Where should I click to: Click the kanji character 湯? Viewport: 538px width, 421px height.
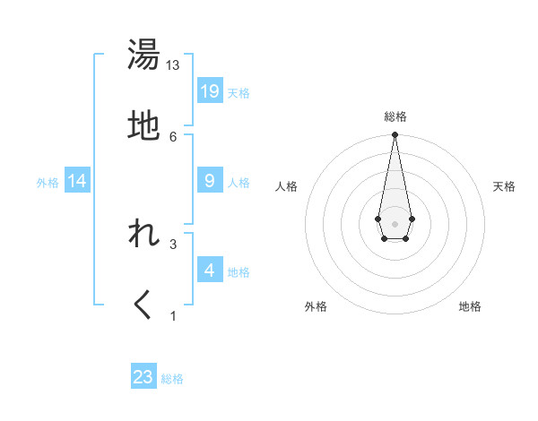click(143, 56)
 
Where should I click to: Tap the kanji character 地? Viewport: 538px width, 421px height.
click(143, 126)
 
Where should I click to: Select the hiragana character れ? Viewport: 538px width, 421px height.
click(143, 235)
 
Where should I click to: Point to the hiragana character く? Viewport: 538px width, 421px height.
click(143, 305)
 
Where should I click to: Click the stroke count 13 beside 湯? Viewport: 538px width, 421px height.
click(173, 65)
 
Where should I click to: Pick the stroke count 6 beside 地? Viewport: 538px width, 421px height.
click(173, 136)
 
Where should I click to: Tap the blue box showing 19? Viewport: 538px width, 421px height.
click(210, 91)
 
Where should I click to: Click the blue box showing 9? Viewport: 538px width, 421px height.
click(210, 181)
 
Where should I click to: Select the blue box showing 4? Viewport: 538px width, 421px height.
click(210, 271)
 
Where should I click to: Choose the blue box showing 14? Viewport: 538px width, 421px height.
click(77, 182)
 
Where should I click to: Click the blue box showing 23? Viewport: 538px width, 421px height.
click(143, 377)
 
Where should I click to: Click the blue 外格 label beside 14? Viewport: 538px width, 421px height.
click(48, 183)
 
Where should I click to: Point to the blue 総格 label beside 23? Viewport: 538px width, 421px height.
click(172, 379)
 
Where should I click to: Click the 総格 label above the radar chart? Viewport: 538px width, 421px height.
click(395, 116)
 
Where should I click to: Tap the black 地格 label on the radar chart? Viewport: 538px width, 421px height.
click(470, 306)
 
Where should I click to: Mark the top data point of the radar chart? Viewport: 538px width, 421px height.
click(395, 136)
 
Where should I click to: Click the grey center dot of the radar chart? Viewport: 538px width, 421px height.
click(395, 222)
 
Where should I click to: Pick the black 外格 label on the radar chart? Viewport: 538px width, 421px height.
click(316, 306)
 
